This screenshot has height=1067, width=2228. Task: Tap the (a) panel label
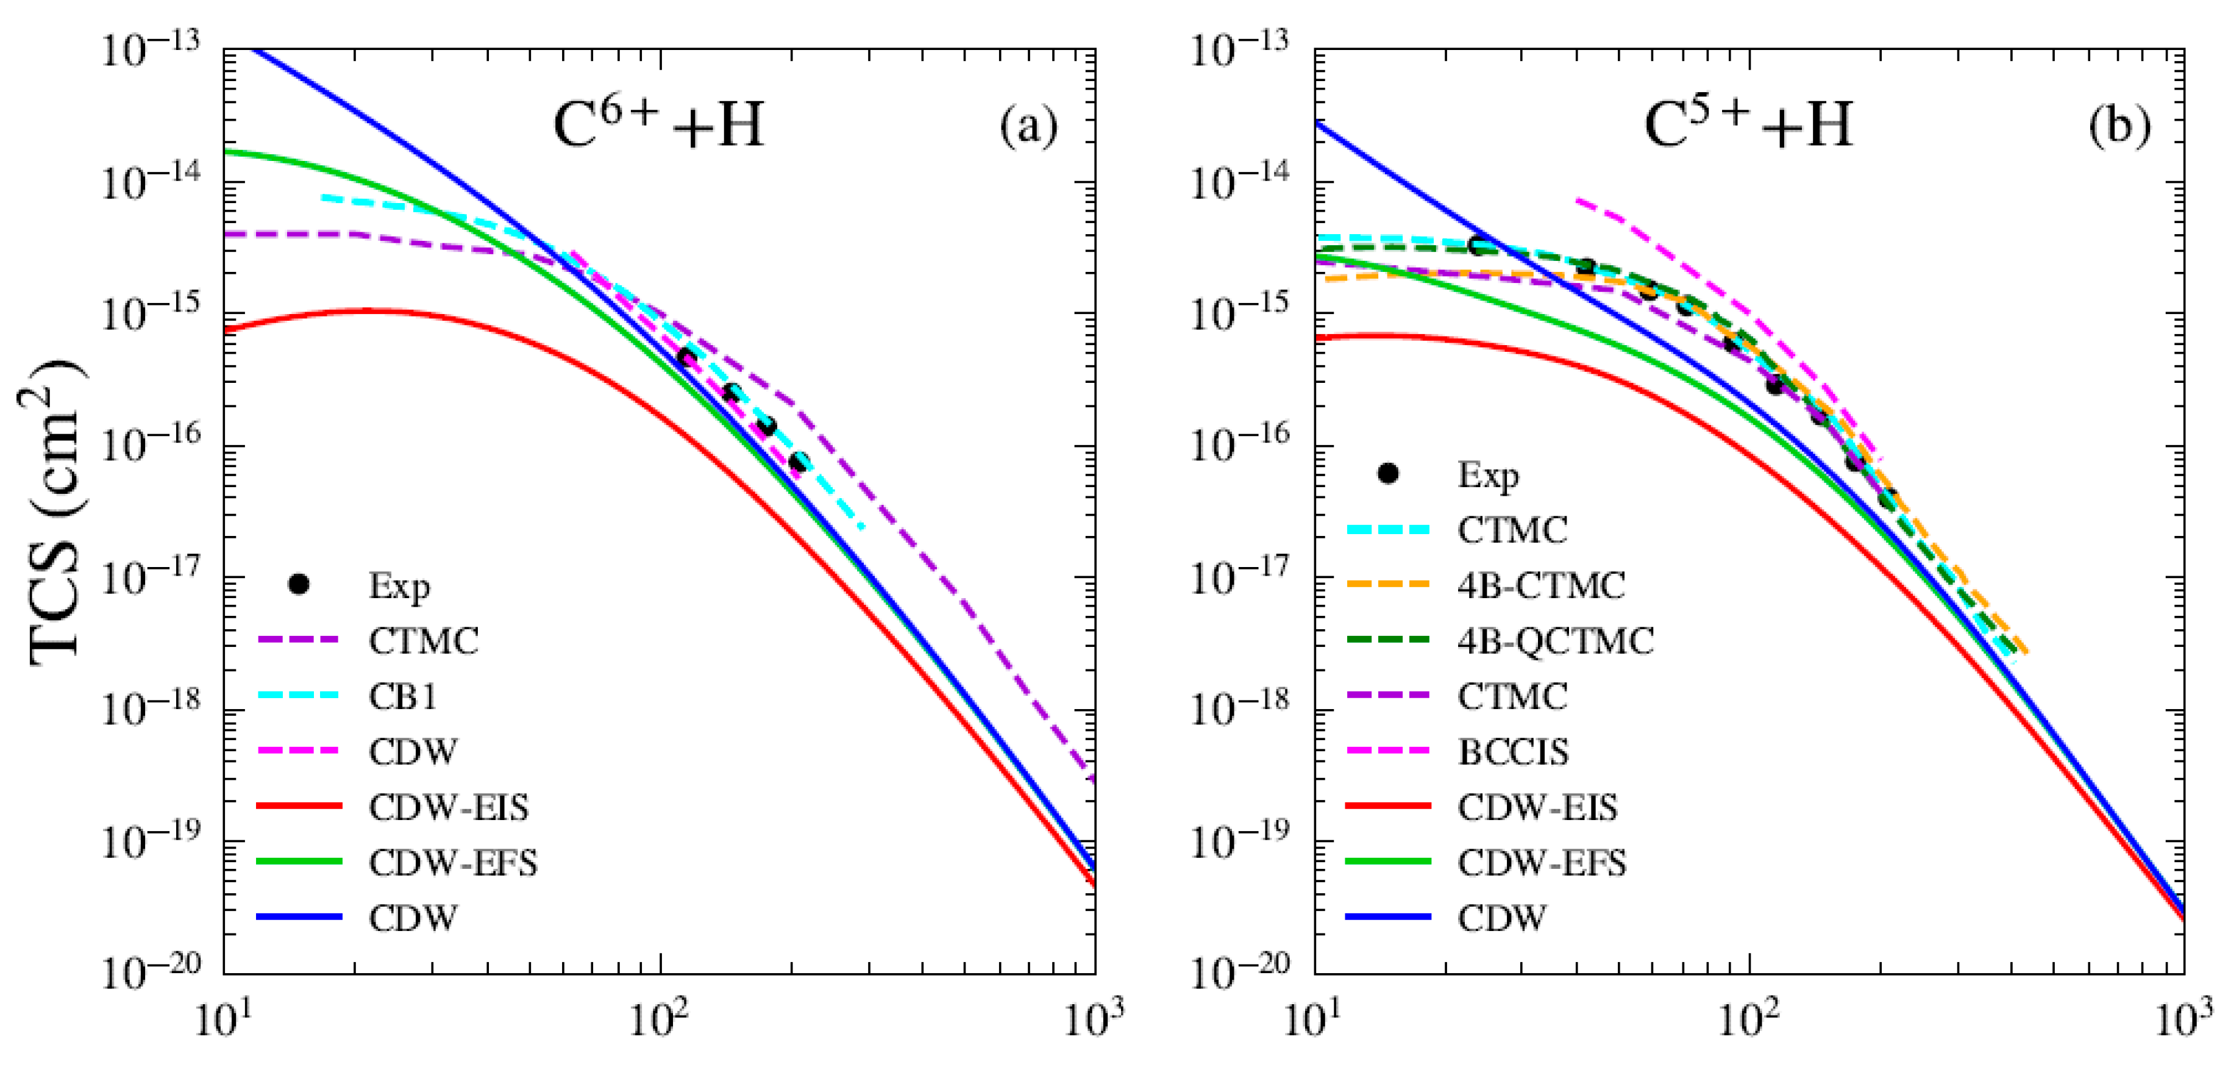pos(1028,127)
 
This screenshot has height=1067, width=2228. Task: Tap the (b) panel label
pos(2119,127)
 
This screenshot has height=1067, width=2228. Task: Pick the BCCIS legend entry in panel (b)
pos(1514,752)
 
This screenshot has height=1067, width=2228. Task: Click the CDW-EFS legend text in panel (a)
pos(453,863)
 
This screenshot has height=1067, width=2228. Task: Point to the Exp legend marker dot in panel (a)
pos(299,585)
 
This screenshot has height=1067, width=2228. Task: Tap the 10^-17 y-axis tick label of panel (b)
pos(1239,576)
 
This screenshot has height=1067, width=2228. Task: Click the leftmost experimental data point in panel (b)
pos(1478,246)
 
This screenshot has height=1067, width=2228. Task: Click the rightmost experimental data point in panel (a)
pos(799,462)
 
